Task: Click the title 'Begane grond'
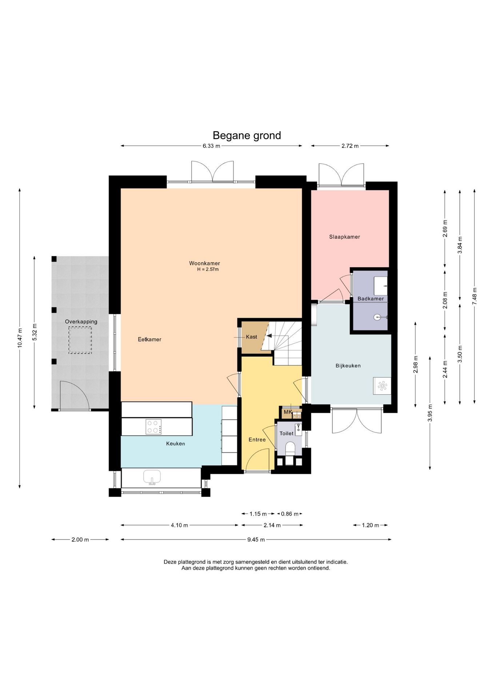coord(247,136)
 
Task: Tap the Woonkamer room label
coord(204,263)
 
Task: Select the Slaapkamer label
coord(344,237)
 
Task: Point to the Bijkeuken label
coord(348,366)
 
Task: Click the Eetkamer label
coord(150,339)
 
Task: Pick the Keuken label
coord(176,444)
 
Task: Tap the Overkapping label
coord(81,322)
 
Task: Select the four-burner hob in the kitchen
coord(154,427)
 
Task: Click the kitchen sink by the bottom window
coord(152,477)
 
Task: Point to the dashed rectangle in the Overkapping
coord(80,340)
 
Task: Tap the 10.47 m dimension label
coord(20,338)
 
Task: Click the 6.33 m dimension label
coord(211,146)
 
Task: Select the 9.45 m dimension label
coord(256,540)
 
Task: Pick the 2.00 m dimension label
coord(80,540)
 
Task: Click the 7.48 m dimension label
coord(474,296)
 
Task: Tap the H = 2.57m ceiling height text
coord(208,269)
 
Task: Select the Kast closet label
coord(251,337)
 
